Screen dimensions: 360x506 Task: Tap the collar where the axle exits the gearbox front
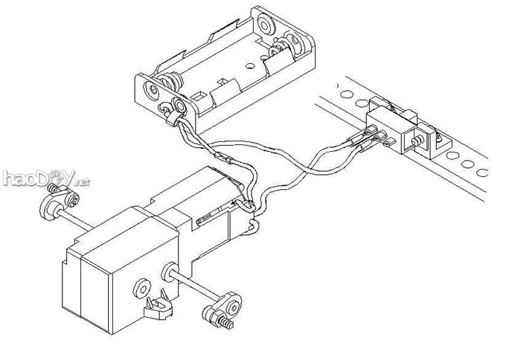(x=169, y=271)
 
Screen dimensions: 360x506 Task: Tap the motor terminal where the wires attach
(x=248, y=205)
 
